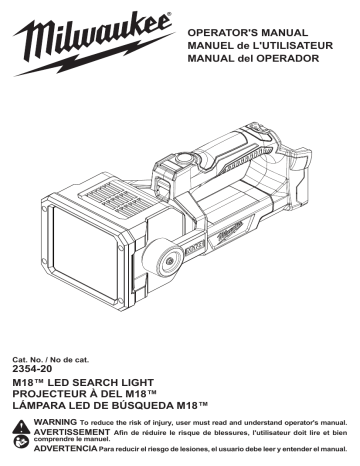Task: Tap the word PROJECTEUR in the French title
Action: pos(59,394)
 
